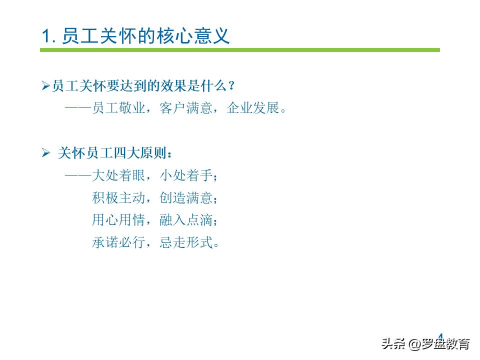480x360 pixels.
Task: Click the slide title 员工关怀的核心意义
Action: coord(145,36)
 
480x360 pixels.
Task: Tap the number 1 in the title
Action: coord(46,36)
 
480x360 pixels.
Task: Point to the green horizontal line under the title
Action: coord(240,50)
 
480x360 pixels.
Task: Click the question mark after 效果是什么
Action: coord(231,86)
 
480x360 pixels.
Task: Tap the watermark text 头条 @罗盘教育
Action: coord(425,344)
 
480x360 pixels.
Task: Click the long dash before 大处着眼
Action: coord(78,175)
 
